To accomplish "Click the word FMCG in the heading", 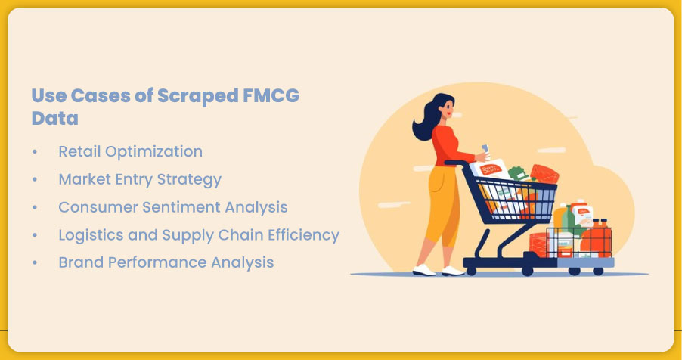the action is pyautogui.click(x=271, y=95).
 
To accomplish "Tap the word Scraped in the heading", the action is pyautogui.click(x=198, y=96).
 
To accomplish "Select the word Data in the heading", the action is pyautogui.click(x=54, y=119).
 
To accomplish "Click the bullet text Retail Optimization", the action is pyautogui.click(x=131, y=151).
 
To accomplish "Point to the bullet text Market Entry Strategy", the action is pyautogui.click(x=140, y=179).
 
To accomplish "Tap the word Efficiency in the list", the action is pyautogui.click(x=304, y=235).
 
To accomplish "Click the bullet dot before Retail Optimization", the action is pyautogui.click(x=35, y=152).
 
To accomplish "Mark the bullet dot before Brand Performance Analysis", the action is pyautogui.click(x=35, y=263).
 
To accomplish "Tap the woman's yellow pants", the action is pyautogui.click(x=442, y=205).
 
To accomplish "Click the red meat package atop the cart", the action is pyautogui.click(x=544, y=173).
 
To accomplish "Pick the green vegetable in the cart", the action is pyautogui.click(x=517, y=172).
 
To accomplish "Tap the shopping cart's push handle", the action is pyautogui.click(x=455, y=163).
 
